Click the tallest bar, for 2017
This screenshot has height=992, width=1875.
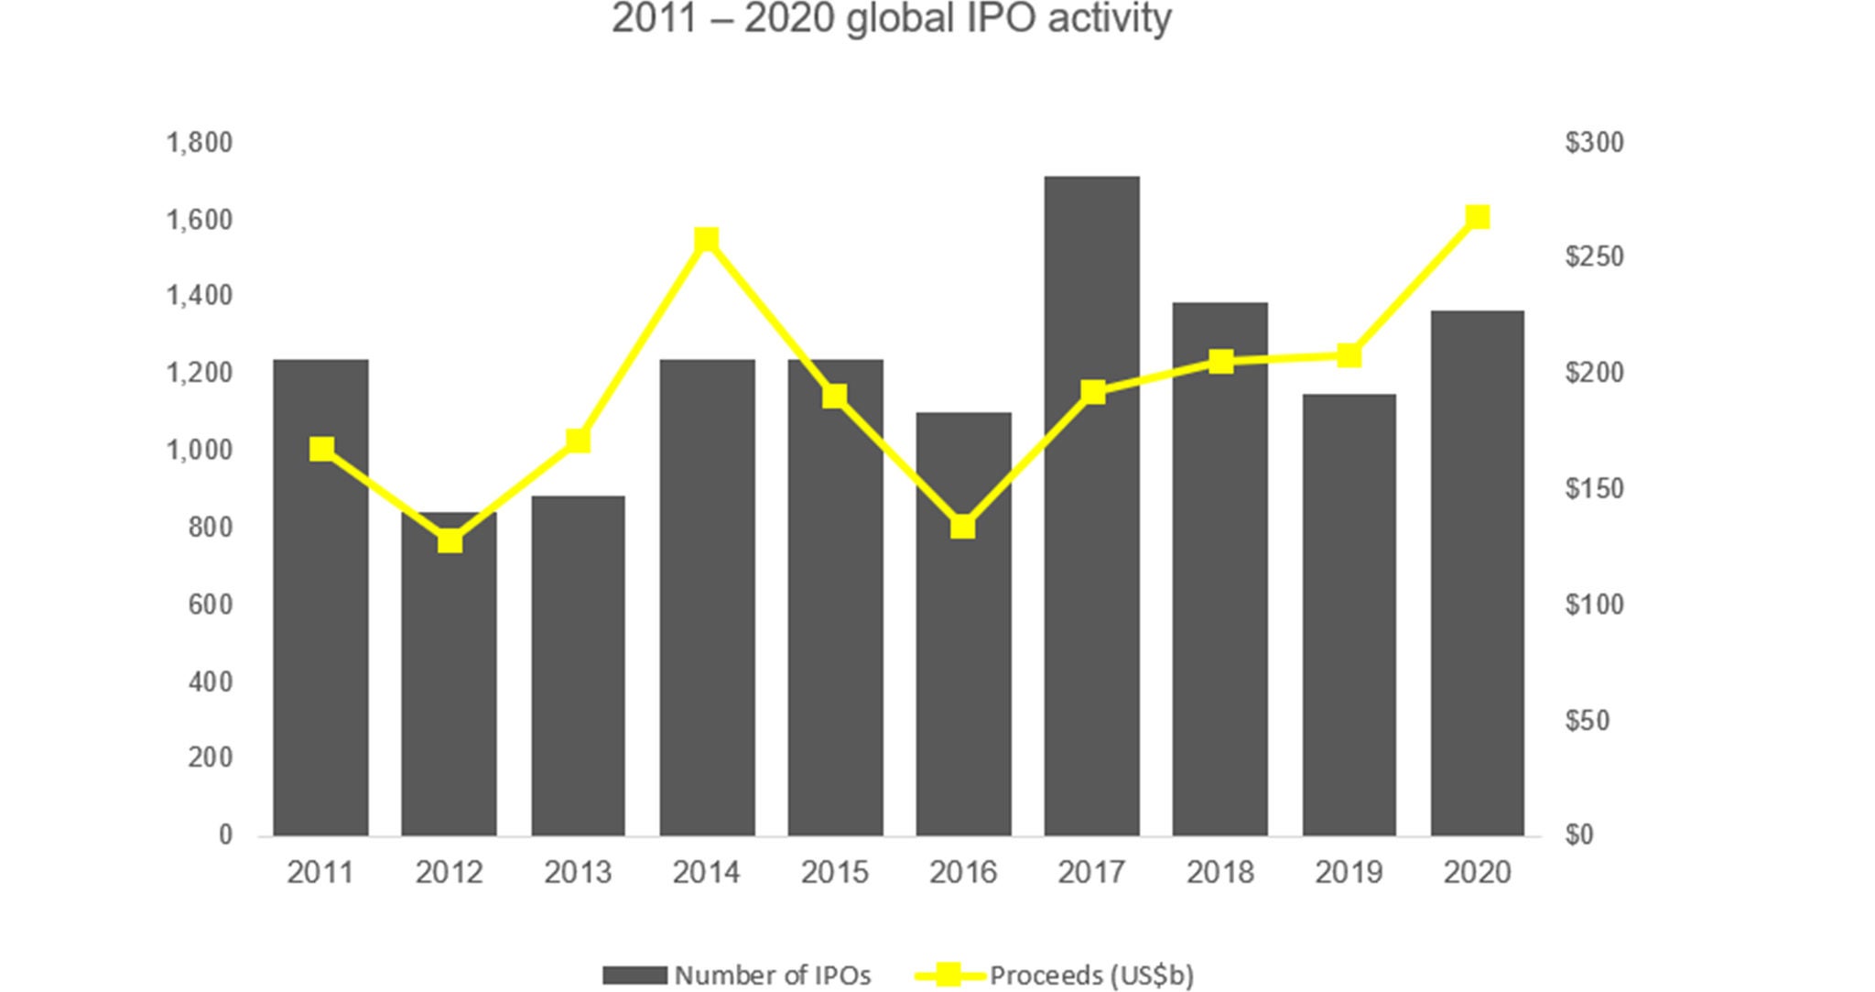point(1091,504)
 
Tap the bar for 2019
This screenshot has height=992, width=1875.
point(1349,614)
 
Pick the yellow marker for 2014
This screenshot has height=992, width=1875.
point(706,240)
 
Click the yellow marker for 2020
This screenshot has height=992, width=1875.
point(1478,217)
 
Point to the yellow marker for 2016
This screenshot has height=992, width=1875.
point(962,527)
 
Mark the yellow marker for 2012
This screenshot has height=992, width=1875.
point(450,541)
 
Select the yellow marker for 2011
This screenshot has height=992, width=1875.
point(321,449)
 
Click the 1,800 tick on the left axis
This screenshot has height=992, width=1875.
point(199,143)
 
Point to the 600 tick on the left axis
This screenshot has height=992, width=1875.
point(211,605)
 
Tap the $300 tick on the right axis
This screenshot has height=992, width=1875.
point(1594,143)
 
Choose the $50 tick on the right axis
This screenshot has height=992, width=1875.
point(1588,721)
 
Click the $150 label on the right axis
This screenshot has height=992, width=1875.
point(1594,489)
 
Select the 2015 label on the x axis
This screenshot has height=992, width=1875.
point(834,872)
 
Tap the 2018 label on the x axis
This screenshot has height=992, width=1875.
point(1219,872)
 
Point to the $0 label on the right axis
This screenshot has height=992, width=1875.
point(1579,835)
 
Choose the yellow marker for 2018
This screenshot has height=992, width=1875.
point(1220,361)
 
